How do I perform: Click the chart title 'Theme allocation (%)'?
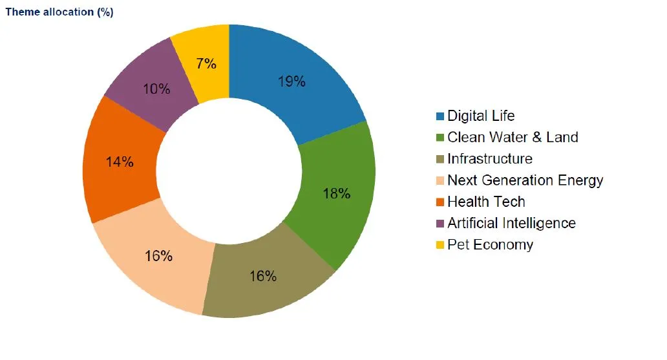click(59, 12)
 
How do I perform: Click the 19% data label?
click(291, 81)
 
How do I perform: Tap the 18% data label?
click(336, 193)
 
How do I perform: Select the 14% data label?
click(120, 162)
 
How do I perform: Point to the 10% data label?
click(156, 89)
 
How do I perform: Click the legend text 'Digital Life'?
click(481, 116)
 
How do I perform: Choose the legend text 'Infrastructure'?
click(490, 159)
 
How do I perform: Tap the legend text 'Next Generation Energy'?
click(525, 180)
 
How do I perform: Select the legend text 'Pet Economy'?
click(490, 244)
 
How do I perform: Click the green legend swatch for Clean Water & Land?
click(440, 138)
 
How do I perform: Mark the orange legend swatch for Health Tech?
click(440, 202)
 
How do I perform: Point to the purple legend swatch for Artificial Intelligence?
click(440, 224)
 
